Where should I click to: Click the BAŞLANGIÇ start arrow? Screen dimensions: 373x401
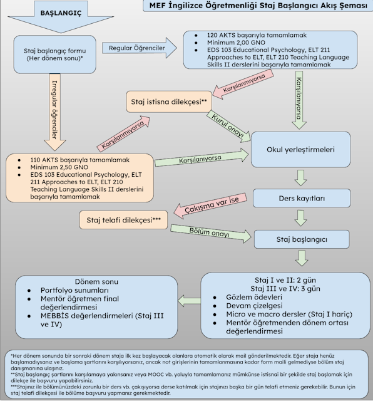[61, 16]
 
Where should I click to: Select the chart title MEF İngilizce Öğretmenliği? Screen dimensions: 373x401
[258, 6]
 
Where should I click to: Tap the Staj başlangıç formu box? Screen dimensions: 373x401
[54, 55]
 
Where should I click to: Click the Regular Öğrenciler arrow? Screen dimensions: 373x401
[140, 48]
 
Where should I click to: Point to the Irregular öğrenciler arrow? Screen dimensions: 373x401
[54, 112]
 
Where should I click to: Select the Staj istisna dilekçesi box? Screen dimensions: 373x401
[169, 102]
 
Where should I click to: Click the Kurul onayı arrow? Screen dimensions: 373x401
[228, 127]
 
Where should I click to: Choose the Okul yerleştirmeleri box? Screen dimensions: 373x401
[300, 150]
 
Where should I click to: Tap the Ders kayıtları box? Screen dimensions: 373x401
[302, 198]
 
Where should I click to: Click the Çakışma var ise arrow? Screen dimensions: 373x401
[210, 206]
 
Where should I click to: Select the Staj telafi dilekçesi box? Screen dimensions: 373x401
[124, 220]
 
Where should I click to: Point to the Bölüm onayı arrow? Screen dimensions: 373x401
[211, 234]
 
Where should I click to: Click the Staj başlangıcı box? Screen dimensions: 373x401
[302, 239]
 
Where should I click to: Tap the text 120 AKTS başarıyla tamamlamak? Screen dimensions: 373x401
[257, 35]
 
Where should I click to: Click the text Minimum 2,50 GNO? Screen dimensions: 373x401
[59, 167]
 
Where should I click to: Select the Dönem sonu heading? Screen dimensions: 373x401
[96, 282]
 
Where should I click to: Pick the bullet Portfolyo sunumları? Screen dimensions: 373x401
[74, 290]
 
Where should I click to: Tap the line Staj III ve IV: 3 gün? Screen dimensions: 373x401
[285, 288]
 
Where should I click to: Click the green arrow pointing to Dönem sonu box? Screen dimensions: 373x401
[189, 301]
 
